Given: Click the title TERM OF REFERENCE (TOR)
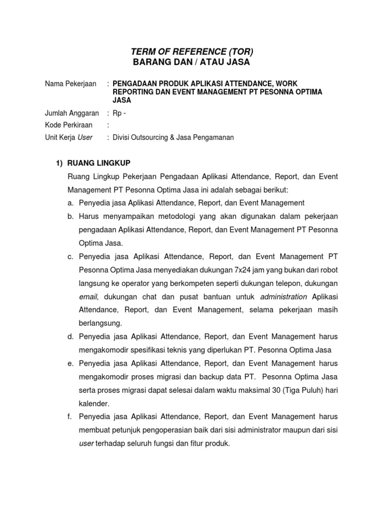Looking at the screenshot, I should (192, 51).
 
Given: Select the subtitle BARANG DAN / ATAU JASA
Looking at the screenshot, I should (192, 62).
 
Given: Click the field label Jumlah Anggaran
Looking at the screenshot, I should (72, 113).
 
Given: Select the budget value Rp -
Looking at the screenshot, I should (120, 113).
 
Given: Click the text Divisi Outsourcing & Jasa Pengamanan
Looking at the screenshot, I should (173, 137).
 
